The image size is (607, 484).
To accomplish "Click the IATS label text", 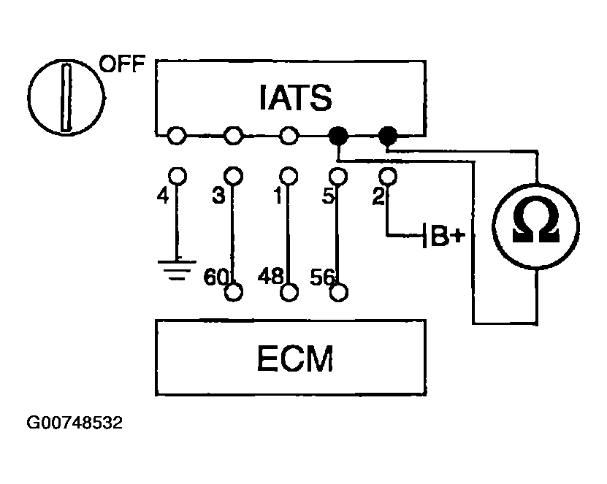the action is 295,97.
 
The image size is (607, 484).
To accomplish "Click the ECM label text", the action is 295,358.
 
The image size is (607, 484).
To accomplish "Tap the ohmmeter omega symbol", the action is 535,219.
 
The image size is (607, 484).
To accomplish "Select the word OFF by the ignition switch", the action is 122,64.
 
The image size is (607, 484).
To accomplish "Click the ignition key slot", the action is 66,98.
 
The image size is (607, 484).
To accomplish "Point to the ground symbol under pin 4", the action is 177,269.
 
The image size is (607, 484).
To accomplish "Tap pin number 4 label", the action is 163,196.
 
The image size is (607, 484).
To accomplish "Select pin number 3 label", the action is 218,196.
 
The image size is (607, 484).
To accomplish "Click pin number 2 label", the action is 378,196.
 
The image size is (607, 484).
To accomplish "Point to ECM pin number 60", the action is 215,277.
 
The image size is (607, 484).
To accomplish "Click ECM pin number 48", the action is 270,276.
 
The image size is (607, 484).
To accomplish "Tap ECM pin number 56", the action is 321,277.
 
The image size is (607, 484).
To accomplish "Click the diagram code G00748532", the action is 75,423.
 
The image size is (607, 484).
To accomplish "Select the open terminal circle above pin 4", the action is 177,177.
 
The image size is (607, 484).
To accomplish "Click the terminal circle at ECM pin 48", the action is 289,292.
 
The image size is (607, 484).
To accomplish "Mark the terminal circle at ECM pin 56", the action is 339,293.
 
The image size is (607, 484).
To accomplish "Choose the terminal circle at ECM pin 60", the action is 234,292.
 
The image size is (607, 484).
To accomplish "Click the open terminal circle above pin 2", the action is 388,177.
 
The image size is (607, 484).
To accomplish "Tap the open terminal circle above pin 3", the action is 234,177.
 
